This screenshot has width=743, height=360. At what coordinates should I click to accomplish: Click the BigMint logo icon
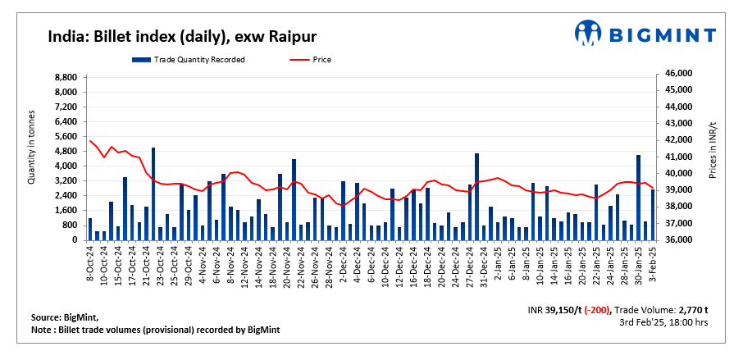[x=587, y=34]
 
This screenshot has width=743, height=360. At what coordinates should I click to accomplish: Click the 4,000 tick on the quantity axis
[x=66, y=166]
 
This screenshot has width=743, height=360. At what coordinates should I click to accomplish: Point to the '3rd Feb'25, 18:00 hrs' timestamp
[x=664, y=324]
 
